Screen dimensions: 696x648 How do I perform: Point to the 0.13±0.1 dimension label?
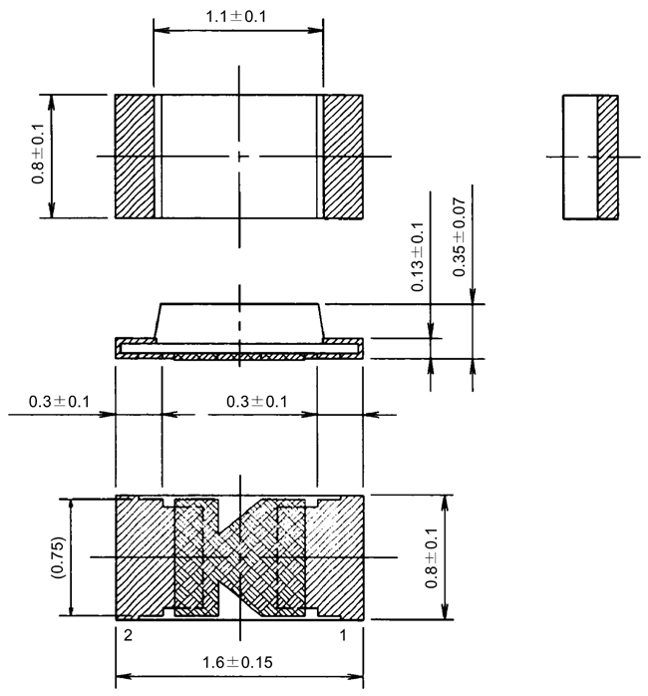pyautogui.click(x=418, y=256)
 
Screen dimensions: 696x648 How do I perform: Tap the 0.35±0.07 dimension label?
pyautogui.click(x=459, y=237)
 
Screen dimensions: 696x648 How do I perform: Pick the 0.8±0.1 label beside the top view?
pyautogui.click(x=37, y=155)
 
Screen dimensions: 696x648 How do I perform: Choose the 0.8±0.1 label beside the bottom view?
pyautogui.click(x=431, y=555)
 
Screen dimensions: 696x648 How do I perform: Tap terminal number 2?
pyautogui.click(x=128, y=633)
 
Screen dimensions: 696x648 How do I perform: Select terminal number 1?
pyautogui.click(x=343, y=633)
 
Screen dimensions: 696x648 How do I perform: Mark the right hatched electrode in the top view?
pyautogui.click(x=343, y=156)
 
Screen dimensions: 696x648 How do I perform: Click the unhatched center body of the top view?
pyautogui.click(x=239, y=130)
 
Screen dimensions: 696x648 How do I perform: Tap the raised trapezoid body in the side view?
pyautogui.click(x=239, y=321)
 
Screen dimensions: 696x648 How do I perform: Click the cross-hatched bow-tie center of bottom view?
pyautogui.click(x=239, y=554)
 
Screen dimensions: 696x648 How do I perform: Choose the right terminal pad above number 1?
pyautogui.click(x=339, y=555)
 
